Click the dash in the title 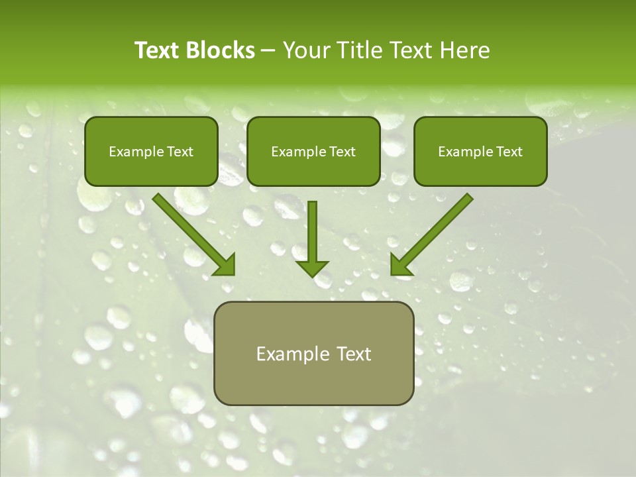[268, 51]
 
